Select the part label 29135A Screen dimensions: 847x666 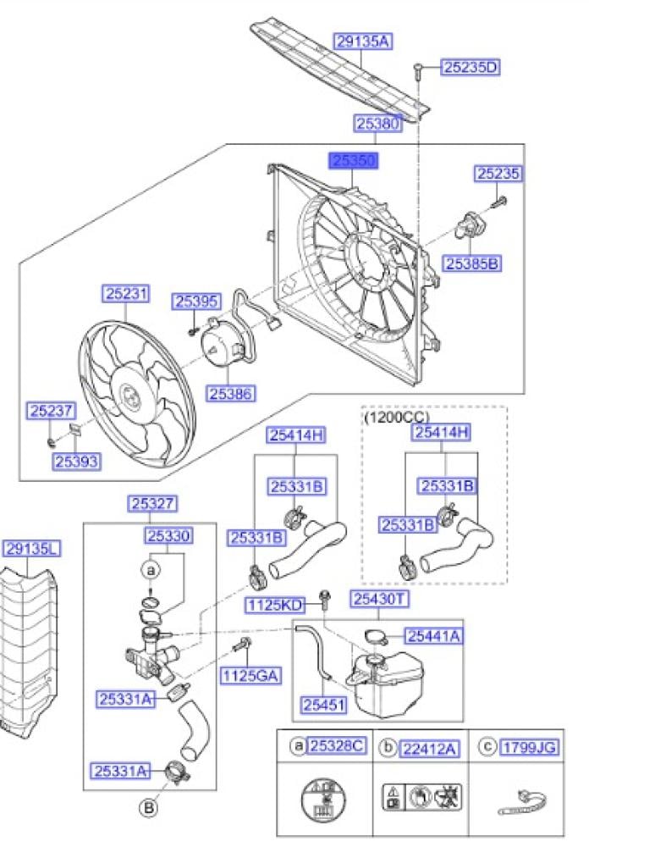click(363, 41)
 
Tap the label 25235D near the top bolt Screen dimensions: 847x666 click(470, 67)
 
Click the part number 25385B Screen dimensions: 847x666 click(473, 263)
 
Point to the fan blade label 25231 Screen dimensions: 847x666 click(127, 294)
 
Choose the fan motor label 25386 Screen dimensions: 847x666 click(232, 394)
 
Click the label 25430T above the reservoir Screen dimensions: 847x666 click(380, 600)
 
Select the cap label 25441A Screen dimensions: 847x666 click(433, 636)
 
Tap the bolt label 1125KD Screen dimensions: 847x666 click(274, 605)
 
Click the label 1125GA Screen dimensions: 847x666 click(250, 675)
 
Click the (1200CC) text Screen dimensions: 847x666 click(396, 418)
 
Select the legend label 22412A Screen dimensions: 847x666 click(429, 746)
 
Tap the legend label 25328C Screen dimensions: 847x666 click(336, 745)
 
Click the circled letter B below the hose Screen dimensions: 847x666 click(149, 808)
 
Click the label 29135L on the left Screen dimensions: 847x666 click(31, 549)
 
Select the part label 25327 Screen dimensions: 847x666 click(152, 503)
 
